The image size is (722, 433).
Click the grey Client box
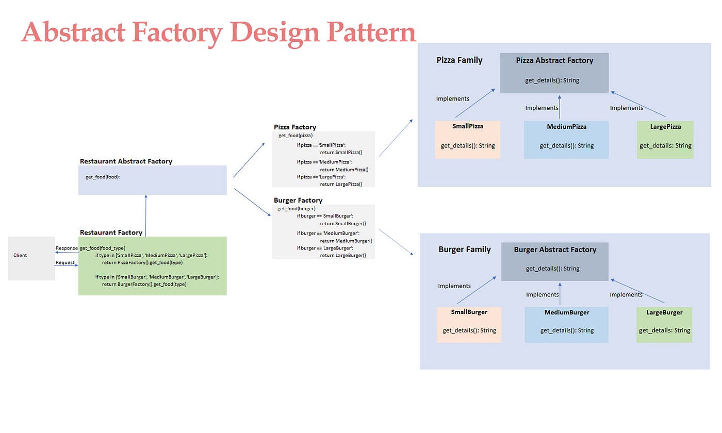coord(31,258)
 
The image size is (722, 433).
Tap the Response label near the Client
coord(67,248)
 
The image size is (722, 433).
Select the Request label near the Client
coord(65,263)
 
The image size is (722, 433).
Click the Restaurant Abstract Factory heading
coord(126,161)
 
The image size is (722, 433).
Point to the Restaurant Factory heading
coord(111,232)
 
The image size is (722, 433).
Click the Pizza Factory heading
coord(295,127)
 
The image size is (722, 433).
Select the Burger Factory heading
coord(298,201)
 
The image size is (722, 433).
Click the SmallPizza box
coord(467,140)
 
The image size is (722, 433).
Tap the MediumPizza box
coord(566,140)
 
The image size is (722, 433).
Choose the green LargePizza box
coord(665,140)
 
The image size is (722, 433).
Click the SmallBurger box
coord(469,325)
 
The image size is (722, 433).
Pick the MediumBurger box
coord(566,325)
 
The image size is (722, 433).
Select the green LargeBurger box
coord(664,325)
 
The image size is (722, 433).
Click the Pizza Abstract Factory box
coord(554,73)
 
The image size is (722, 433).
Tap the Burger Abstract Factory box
coord(554,261)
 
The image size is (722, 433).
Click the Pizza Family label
coord(460,60)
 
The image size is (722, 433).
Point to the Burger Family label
coord(464,249)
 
